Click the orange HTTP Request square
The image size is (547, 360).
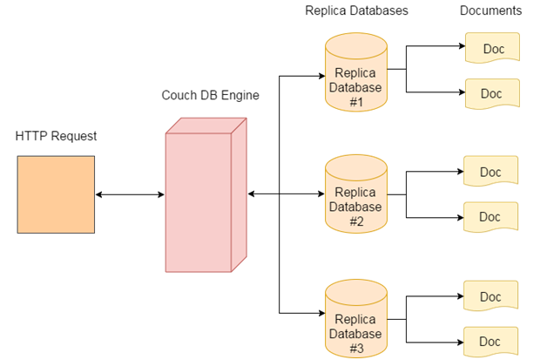coord(55,194)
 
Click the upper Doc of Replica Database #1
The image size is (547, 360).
coord(491,49)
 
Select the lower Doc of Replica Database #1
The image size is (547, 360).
coord(491,92)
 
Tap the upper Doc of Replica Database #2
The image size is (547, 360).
coord(491,172)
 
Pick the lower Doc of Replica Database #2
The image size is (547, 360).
coord(491,216)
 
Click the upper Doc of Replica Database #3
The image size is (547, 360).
coord(491,296)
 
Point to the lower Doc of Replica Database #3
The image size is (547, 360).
coord(491,340)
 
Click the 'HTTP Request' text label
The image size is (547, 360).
coord(56,137)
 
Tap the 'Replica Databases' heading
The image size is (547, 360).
coord(356,11)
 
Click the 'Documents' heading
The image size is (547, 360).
coord(490,11)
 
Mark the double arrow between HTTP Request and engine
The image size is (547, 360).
coord(129,194)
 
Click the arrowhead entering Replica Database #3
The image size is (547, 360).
coord(320,312)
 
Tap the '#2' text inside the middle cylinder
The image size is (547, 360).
coord(355,221)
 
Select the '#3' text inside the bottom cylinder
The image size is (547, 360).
coord(355,347)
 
